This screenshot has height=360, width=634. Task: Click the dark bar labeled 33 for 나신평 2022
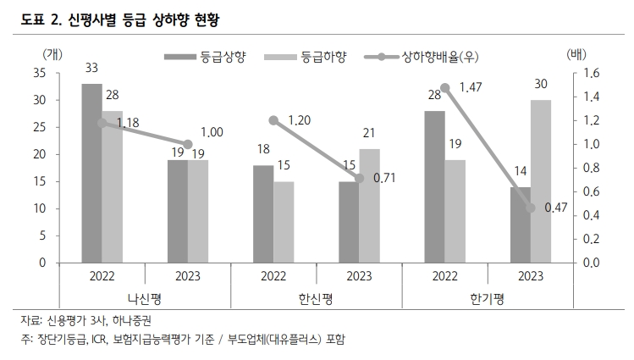91,173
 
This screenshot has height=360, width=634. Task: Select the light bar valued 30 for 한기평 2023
540,181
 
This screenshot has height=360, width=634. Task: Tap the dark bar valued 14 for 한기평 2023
519,224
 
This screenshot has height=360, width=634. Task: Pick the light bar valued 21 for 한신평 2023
369,206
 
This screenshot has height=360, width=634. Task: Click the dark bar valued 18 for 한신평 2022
263,213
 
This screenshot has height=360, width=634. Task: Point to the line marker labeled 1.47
445,87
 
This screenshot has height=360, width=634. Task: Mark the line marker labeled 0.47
530,208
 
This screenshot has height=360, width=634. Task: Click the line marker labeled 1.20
273,120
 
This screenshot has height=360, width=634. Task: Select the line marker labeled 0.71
359,179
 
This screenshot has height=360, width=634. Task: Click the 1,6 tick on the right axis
591,74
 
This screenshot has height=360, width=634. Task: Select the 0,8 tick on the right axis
591,168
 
